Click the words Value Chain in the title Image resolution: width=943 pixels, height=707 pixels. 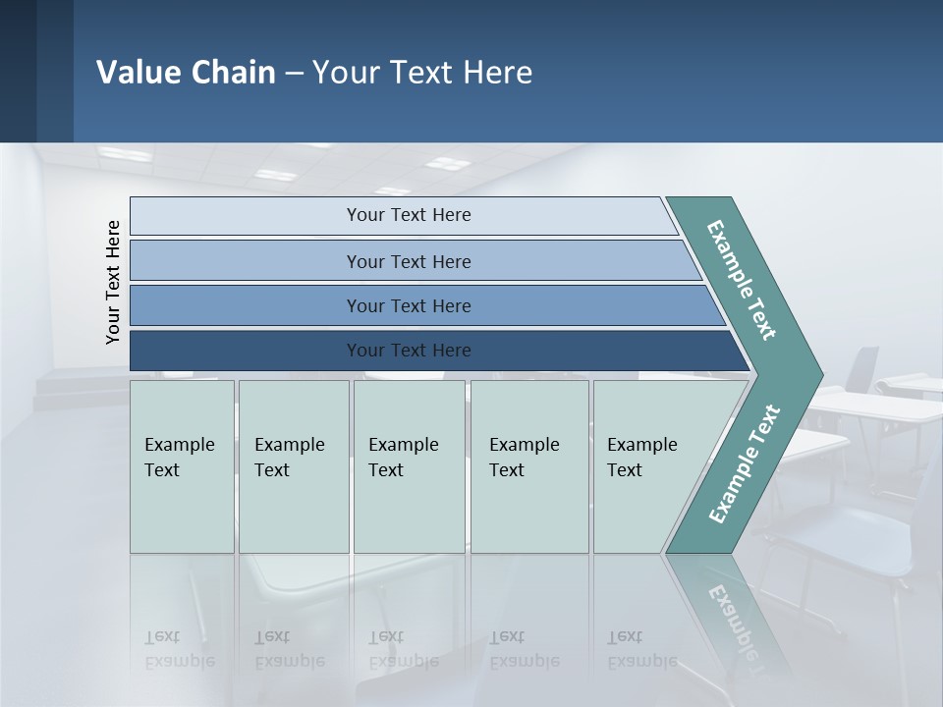(186, 73)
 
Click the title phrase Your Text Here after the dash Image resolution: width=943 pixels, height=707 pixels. (422, 73)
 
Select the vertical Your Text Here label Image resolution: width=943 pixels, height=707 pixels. (113, 282)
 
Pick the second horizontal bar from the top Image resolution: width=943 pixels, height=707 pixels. (408, 261)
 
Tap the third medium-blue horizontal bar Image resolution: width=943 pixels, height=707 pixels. (408, 305)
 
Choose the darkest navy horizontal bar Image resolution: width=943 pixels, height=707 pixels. (408, 351)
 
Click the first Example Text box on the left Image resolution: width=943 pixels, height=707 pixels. (182, 466)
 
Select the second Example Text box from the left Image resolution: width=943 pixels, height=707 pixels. (293, 466)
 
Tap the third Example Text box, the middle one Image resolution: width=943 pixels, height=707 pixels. (408, 466)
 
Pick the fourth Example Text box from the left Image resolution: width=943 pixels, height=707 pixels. (528, 466)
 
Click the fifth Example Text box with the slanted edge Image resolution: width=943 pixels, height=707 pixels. (648, 466)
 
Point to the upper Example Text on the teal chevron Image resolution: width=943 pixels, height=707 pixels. (742, 280)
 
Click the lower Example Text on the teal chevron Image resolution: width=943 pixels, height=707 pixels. (745, 463)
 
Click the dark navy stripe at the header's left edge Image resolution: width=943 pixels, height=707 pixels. (18, 71)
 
